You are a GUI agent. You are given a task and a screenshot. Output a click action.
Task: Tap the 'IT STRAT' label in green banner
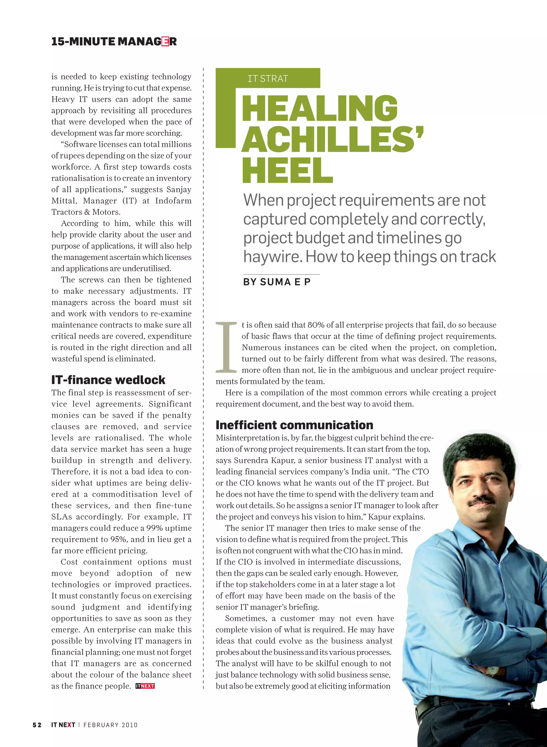pyautogui.click(x=268, y=79)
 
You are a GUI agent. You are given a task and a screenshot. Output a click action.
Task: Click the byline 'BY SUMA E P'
pyautogui.click(x=277, y=282)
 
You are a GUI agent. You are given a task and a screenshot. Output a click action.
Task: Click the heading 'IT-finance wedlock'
pyautogui.click(x=108, y=380)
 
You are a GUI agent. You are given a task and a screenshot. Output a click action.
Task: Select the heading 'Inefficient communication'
pyautogui.click(x=294, y=425)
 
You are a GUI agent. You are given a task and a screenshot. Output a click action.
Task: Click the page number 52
pyautogui.click(x=37, y=725)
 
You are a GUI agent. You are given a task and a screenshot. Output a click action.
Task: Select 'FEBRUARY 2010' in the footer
pyautogui.click(x=110, y=725)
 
